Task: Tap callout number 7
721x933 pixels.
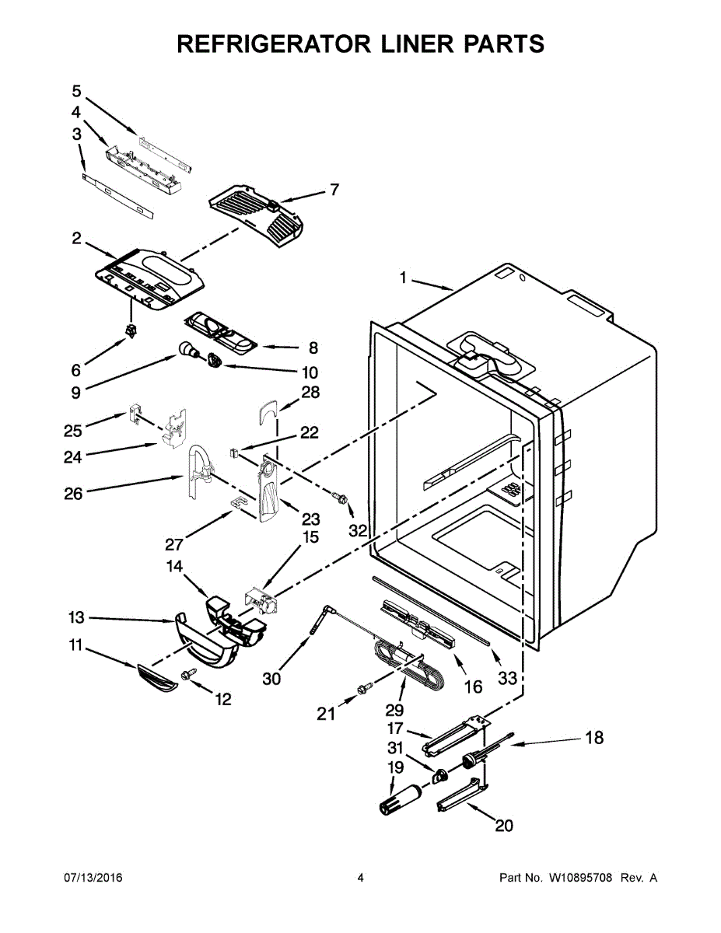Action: (334, 189)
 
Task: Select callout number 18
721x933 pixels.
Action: (593, 738)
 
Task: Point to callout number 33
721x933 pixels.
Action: (507, 679)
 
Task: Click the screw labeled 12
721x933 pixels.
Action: (187, 676)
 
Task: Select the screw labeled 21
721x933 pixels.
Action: (362, 689)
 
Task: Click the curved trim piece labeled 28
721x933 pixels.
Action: (268, 410)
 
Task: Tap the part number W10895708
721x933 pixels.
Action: (581, 878)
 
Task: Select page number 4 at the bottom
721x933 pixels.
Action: (360, 878)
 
